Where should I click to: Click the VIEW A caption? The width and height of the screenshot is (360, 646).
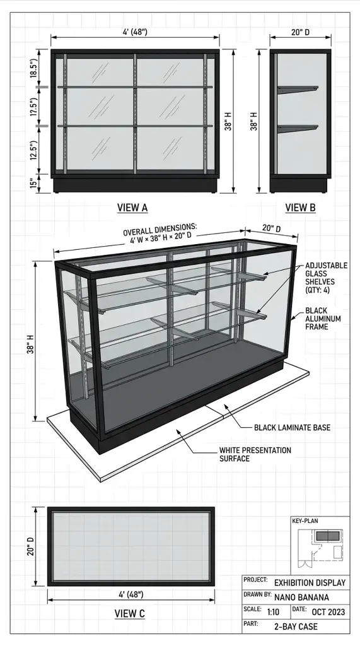coord(132,208)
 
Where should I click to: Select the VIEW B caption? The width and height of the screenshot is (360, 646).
coord(300,208)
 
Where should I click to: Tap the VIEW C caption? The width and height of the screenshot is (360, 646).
coord(130,613)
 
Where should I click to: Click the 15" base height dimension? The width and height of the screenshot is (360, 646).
coord(33,182)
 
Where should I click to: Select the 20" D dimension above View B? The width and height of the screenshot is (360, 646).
coord(300,32)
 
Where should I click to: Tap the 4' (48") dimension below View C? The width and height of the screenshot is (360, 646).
coord(131,594)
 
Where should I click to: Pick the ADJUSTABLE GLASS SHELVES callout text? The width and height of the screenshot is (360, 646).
coord(326,278)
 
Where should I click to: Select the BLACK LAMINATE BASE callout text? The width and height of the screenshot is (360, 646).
coord(292,428)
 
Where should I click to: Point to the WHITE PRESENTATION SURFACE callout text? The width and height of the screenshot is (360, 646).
coord(255,454)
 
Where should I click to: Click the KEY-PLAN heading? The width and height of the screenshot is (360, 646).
coord(305,520)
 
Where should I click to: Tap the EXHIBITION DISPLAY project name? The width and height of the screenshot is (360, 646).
coord(310,582)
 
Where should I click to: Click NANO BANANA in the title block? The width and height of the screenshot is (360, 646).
coord(301,597)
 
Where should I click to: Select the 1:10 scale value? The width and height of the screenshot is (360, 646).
coord(273,612)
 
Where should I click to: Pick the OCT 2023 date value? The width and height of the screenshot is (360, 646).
coord(328,612)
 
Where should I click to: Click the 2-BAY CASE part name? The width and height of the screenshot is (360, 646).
coord(296,626)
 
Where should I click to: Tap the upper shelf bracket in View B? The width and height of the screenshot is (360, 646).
coord(298,89)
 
